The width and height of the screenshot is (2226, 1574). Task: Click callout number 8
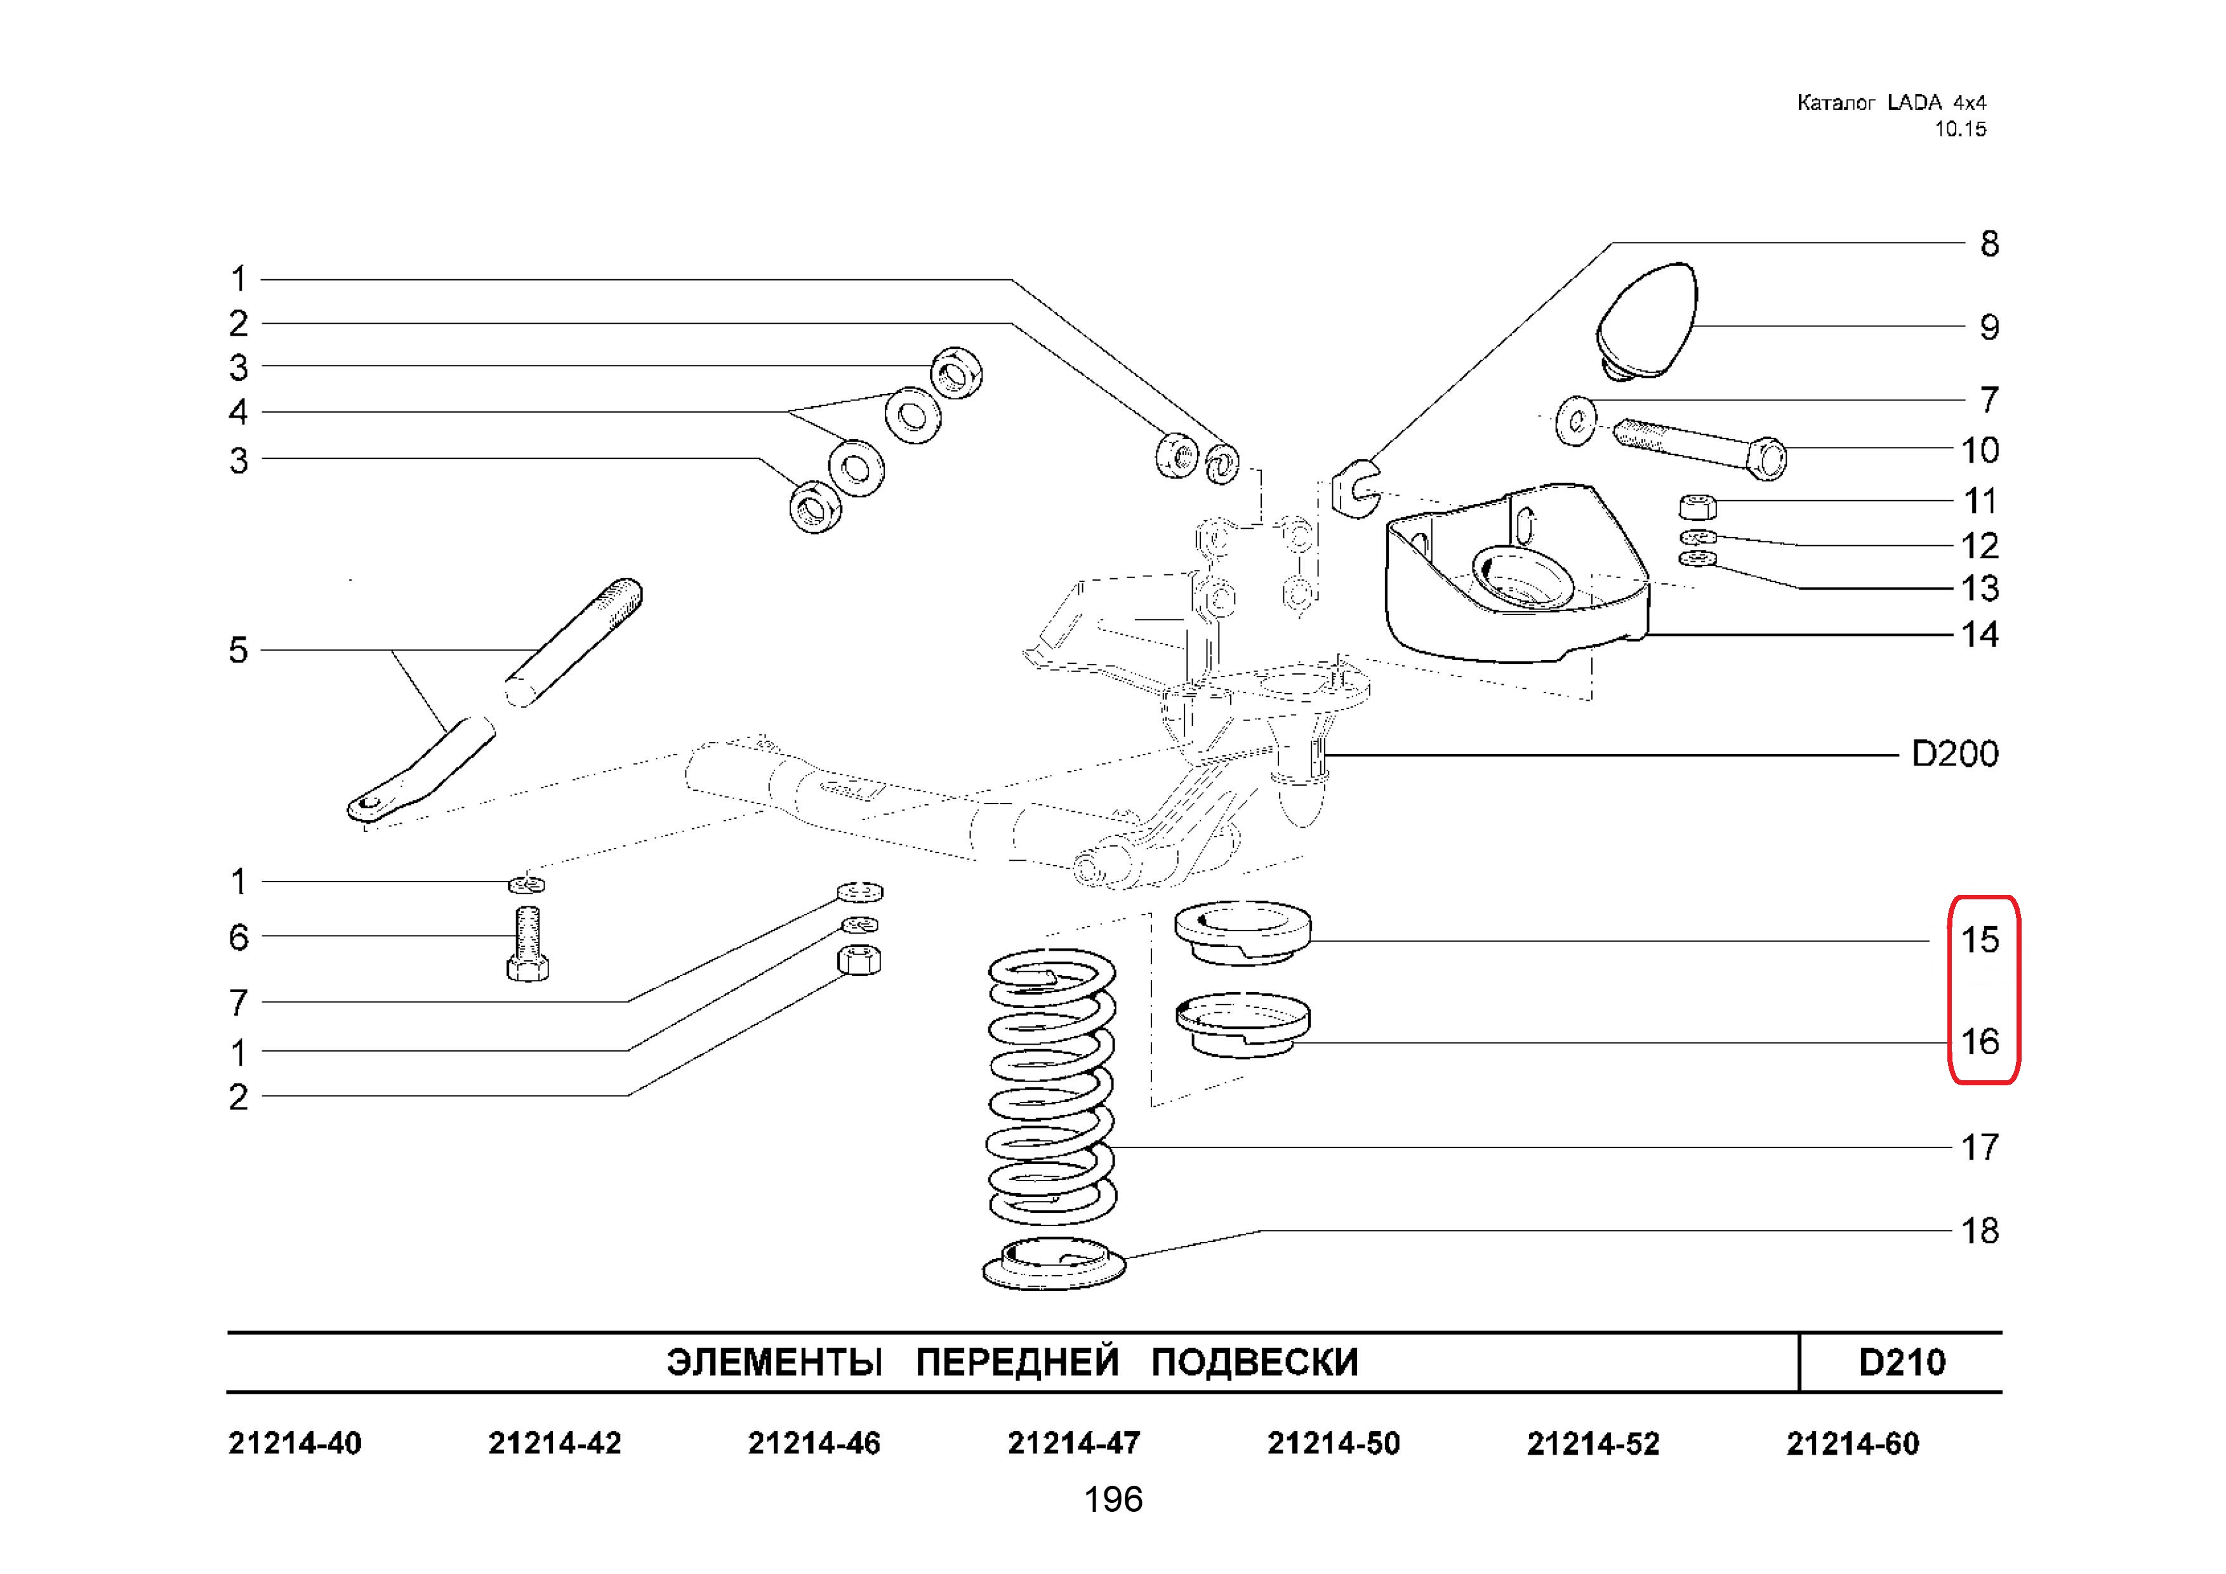(1989, 243)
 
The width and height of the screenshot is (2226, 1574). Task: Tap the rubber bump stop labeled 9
(1646, 321)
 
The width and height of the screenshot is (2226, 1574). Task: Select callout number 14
(1980, 635)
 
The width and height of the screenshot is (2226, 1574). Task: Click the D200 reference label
(1954, 754)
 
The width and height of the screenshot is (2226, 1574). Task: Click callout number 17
(1980, 1147)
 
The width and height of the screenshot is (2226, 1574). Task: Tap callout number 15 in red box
(1980, 939)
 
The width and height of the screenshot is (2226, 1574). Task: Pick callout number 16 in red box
(1980, 1042)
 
